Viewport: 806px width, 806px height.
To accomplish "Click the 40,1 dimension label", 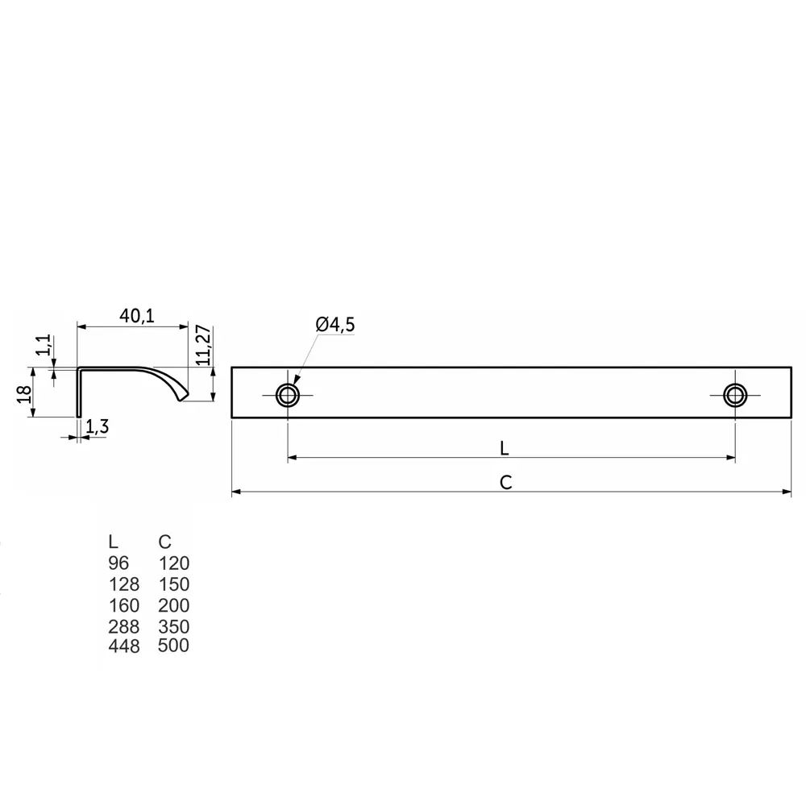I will tap(137, 316).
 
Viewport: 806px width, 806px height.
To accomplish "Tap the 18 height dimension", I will tap(24, 393).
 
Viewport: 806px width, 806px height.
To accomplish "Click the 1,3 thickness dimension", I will tap(97, 427).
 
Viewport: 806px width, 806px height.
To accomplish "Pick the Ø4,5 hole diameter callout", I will tap(335, 325).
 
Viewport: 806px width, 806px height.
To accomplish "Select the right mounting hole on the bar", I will tap(734, 395).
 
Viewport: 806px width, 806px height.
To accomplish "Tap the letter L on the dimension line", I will tap(504, 447).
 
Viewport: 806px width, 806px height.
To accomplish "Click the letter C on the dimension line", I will tap(505, 482).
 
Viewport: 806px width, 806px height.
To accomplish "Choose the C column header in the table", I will tap(165, 542).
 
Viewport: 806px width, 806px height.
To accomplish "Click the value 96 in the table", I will tap(118, 563).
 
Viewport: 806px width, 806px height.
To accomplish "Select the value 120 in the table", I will tap(174, 563).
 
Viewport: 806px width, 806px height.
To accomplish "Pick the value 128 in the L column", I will tap(123, 584).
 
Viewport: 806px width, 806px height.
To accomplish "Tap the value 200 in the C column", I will tap(174, 604).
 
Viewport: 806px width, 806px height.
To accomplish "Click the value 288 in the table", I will tap(123, 626).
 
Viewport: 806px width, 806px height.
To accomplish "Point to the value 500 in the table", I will tap(174, 646).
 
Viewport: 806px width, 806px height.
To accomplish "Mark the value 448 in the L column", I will tap(123, 646).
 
